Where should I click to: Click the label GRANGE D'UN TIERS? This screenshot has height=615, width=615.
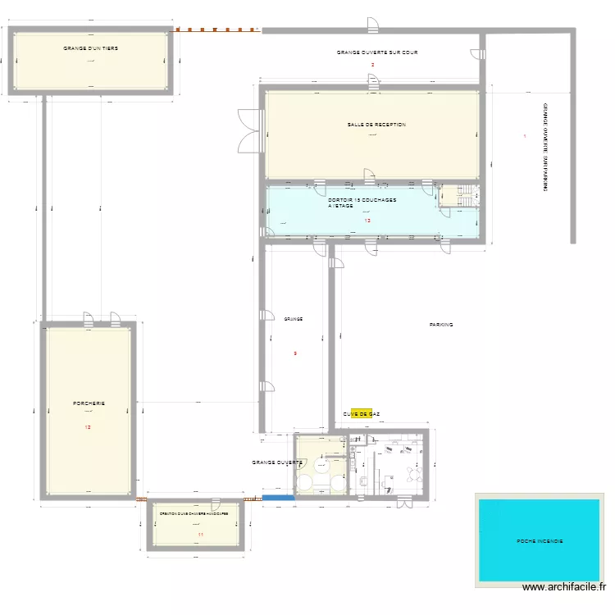[90, 48]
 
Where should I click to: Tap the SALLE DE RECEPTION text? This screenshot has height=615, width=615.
[376, 125]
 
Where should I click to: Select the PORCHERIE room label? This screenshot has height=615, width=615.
[89, 403]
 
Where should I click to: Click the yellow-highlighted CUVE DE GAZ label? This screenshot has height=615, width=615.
[361, 415]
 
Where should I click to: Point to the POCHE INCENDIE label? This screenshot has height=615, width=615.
[540, 541]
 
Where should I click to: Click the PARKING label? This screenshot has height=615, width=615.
[440, 325]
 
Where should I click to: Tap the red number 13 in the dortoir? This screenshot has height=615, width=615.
[367, 221]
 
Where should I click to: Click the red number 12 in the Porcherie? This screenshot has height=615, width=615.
[89, 427]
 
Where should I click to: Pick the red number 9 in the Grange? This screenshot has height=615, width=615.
[295, 353]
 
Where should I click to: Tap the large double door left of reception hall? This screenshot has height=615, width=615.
[248, 131]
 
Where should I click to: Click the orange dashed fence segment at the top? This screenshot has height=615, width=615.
[217, 30]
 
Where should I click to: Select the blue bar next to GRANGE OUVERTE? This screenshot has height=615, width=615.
[277, 497]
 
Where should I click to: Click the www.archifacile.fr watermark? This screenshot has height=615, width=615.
[565, 586]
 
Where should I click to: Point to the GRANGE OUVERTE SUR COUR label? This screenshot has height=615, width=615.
[377, 52]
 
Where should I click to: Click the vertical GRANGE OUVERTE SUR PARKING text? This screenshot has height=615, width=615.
[544, 148]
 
